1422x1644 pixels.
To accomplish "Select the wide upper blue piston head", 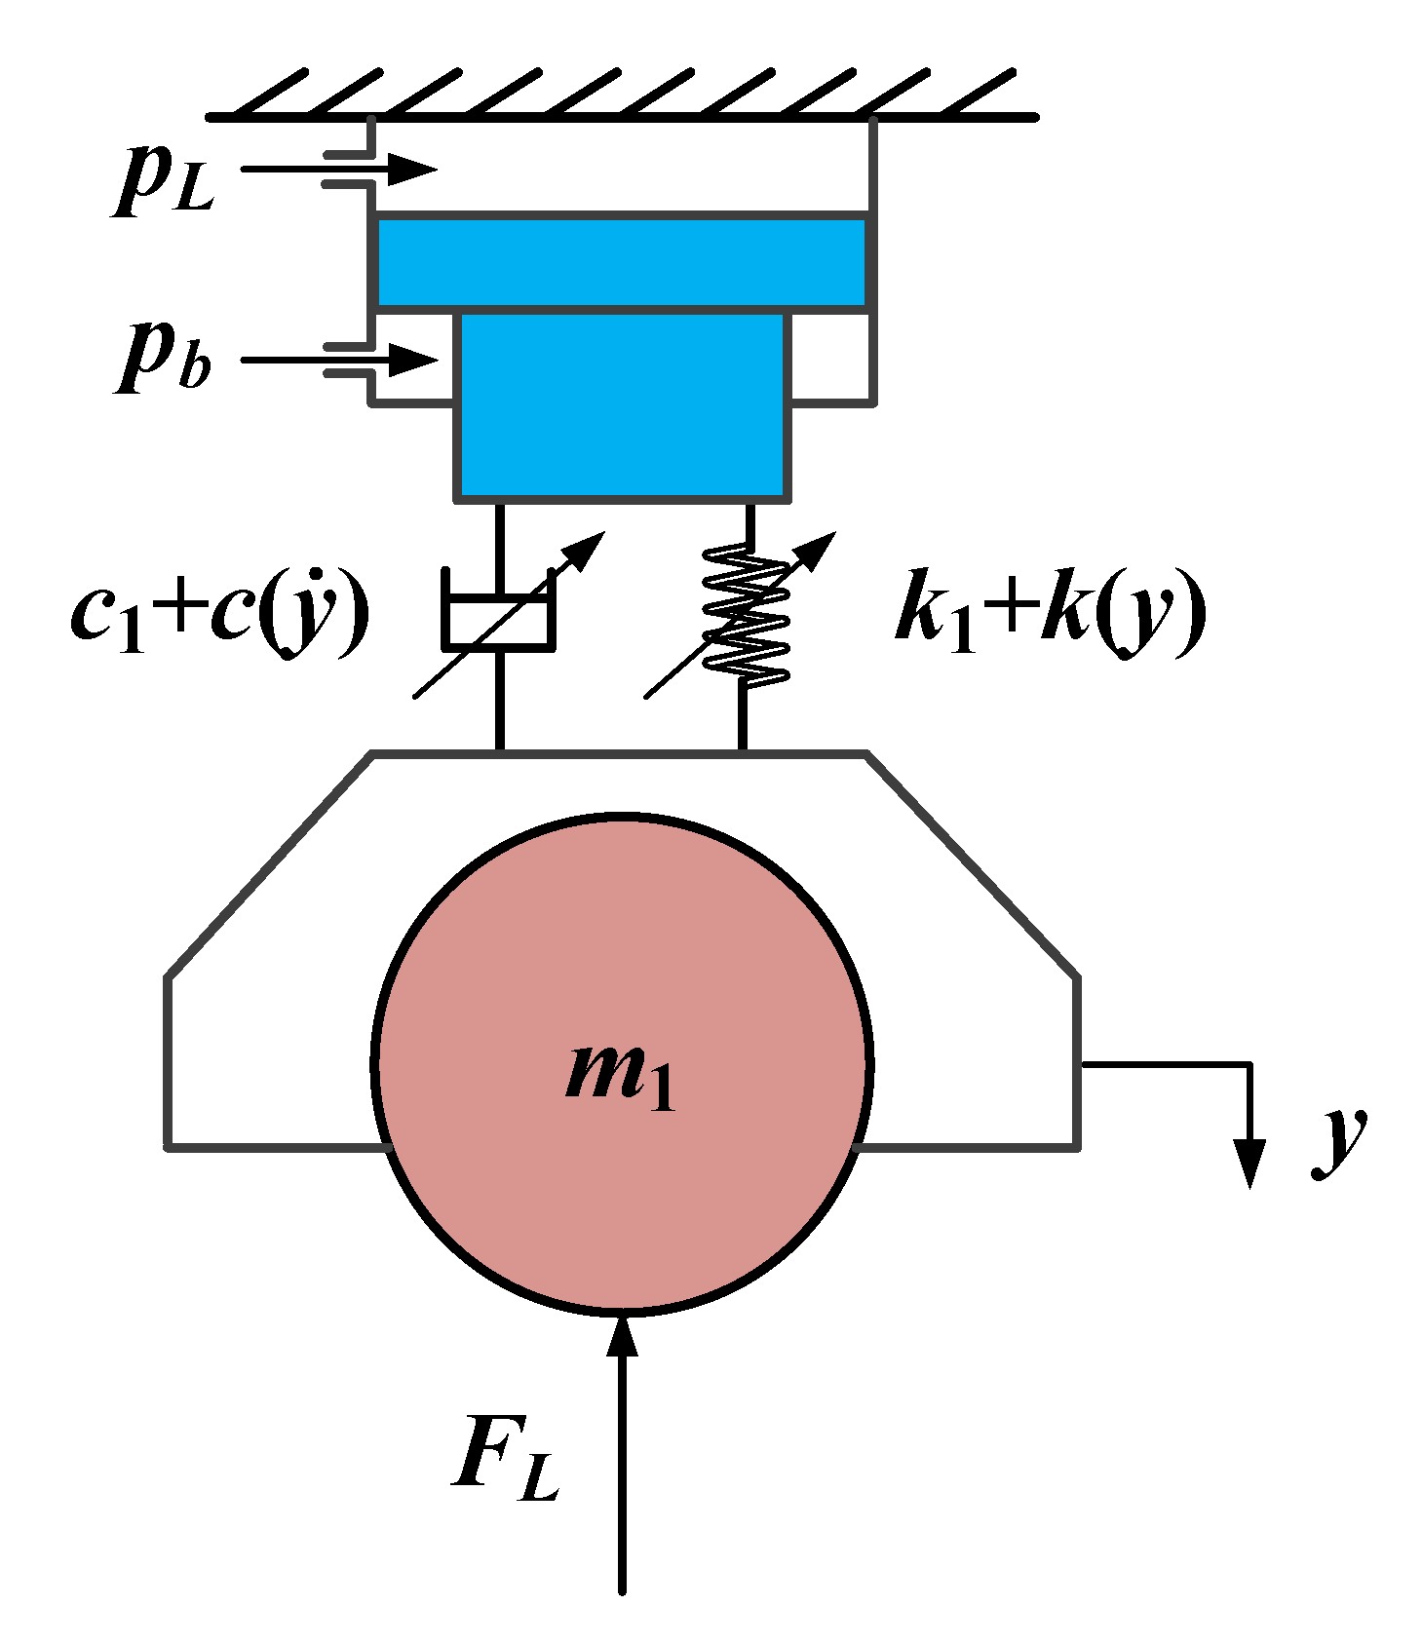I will click(621, 261).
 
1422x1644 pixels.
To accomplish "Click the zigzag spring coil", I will click(746, 614).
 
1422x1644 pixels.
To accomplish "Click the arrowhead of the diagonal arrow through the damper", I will click(589, 548).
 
